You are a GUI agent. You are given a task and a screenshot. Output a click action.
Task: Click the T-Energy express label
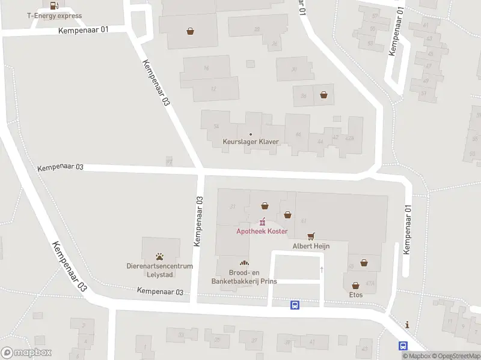point(54,16)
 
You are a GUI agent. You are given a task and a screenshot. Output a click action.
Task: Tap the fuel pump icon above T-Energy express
point(54,5)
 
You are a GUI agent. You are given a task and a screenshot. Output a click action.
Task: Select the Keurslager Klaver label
point(251,142)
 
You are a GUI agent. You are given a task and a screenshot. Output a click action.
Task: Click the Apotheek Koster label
point(262,231)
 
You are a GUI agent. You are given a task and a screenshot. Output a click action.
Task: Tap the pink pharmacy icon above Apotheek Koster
point(262,222)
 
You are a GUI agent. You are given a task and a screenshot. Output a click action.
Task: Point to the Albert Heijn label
point(311,245)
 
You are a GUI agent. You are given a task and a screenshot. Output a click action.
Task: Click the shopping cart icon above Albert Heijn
point(311,236)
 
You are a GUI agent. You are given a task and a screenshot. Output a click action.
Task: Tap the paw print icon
point(161,256)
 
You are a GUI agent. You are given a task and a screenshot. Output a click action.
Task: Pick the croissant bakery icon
point(244,263)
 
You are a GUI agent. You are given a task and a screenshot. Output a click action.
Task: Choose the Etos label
point(355,295)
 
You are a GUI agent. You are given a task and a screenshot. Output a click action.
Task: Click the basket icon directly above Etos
point(355,285)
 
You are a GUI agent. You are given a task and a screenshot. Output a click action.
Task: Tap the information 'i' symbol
point(408,325)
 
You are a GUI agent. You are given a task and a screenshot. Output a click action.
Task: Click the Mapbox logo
point(26,353)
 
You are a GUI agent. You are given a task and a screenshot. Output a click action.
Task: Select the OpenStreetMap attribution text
point(455,356)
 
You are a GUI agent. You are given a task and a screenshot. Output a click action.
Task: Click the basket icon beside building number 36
point(324,94)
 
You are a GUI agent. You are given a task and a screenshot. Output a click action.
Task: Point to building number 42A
point(350,137)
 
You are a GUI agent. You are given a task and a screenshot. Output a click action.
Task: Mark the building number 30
point(293,69)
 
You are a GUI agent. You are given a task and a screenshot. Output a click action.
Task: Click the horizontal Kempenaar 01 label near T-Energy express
point(83,29)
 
